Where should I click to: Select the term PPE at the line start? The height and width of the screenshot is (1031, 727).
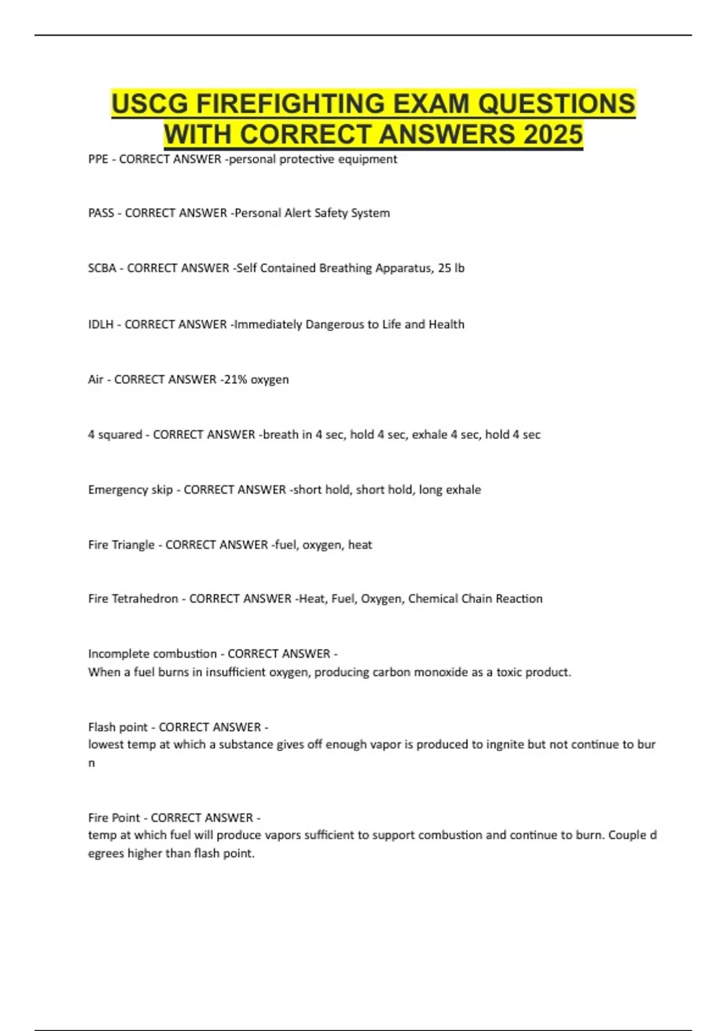click(x=98, y=159)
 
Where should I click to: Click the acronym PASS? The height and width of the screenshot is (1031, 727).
click(x=101, y=213)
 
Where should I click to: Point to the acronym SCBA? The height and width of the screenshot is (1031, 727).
click(x=102, y=268)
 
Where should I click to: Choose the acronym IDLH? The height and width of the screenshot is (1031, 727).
click(x=101, y=324)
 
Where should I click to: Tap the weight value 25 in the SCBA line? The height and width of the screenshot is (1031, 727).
click(x=445, y=268)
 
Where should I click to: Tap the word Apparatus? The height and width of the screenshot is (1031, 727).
click(x=400, y=268)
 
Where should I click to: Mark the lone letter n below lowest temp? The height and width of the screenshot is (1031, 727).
click(x=91, y=763)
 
